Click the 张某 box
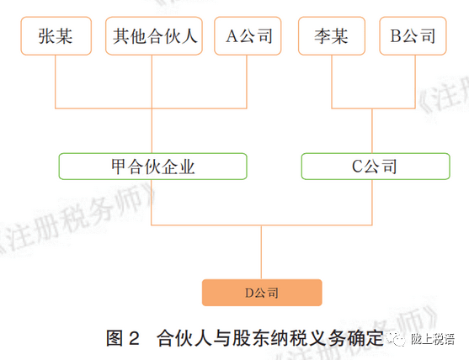(56, 36)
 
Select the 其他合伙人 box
(154, 36)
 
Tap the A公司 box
(248, 36)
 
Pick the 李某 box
(332, 36)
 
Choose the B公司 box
(413, 36)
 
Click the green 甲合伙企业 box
(153, 167)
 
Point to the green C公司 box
(376, 167)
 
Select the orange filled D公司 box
(262, 293)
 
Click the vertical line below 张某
(56, 82)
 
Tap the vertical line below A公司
(247, 82)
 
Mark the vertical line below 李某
(332, 82)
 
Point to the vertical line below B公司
(415, 82)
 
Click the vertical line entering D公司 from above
(261, 252)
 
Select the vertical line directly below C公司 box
(372, 202)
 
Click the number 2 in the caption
(134, 339)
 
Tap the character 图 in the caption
(115, 338)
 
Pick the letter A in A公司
(232, 36)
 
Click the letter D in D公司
(249, 293)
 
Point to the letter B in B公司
(396, 36)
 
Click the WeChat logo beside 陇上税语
(396, 339)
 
